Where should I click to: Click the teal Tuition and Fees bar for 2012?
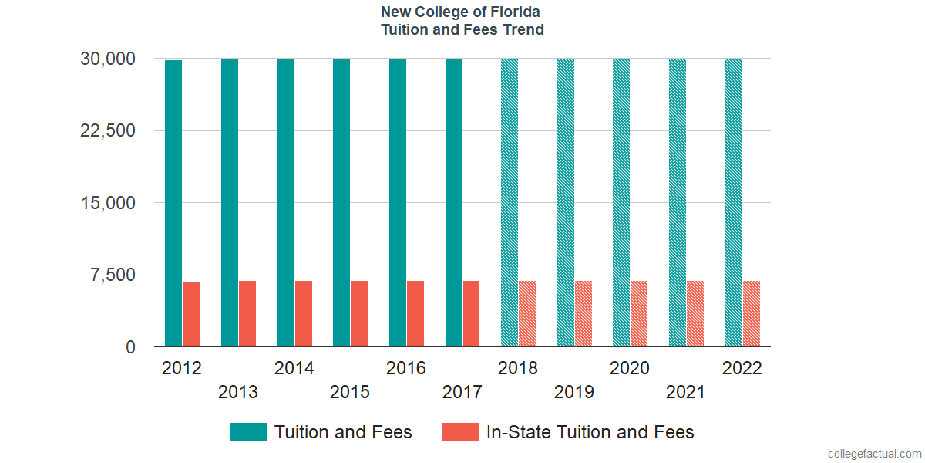(x=173, y=203)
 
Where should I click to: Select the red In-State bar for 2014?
(x=304, y=314)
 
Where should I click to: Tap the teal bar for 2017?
(x=454, y=203)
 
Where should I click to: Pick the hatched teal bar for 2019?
(x=566, y=203)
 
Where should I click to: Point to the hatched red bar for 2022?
(x=752, y=314)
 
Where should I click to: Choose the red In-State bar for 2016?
(x=415, y=314)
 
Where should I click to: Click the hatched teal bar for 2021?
(x=678, y=203)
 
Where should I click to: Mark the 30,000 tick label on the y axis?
(x=108, y=59)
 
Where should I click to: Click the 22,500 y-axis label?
(x=108, y=130)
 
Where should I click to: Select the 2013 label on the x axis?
(x=238, y=392)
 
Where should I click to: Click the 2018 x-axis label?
(x=518, y=368)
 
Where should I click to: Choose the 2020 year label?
(x=630, y=368)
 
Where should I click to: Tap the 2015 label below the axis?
(x=350, y=392)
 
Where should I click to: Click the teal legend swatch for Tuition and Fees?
(x=249, y=432)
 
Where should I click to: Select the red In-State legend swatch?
(x=460, y=432)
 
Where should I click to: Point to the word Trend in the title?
(x=524, y=30)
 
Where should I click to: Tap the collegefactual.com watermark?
(x=873, y=454)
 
